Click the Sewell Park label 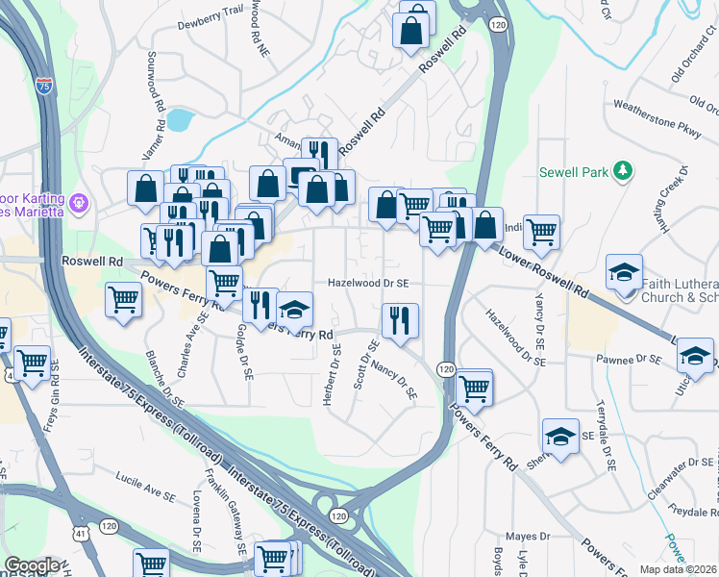click(574, 172)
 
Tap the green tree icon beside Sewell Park click(623, 171)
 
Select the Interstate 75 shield click(43, 85)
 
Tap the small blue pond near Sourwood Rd click(178, 119)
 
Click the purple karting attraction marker click(78, 204)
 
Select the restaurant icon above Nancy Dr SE click(399, 320)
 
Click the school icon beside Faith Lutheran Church click(624, 273)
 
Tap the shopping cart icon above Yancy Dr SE click(541, 232)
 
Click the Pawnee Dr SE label click(631, 359)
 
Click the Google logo click(32, 565)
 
